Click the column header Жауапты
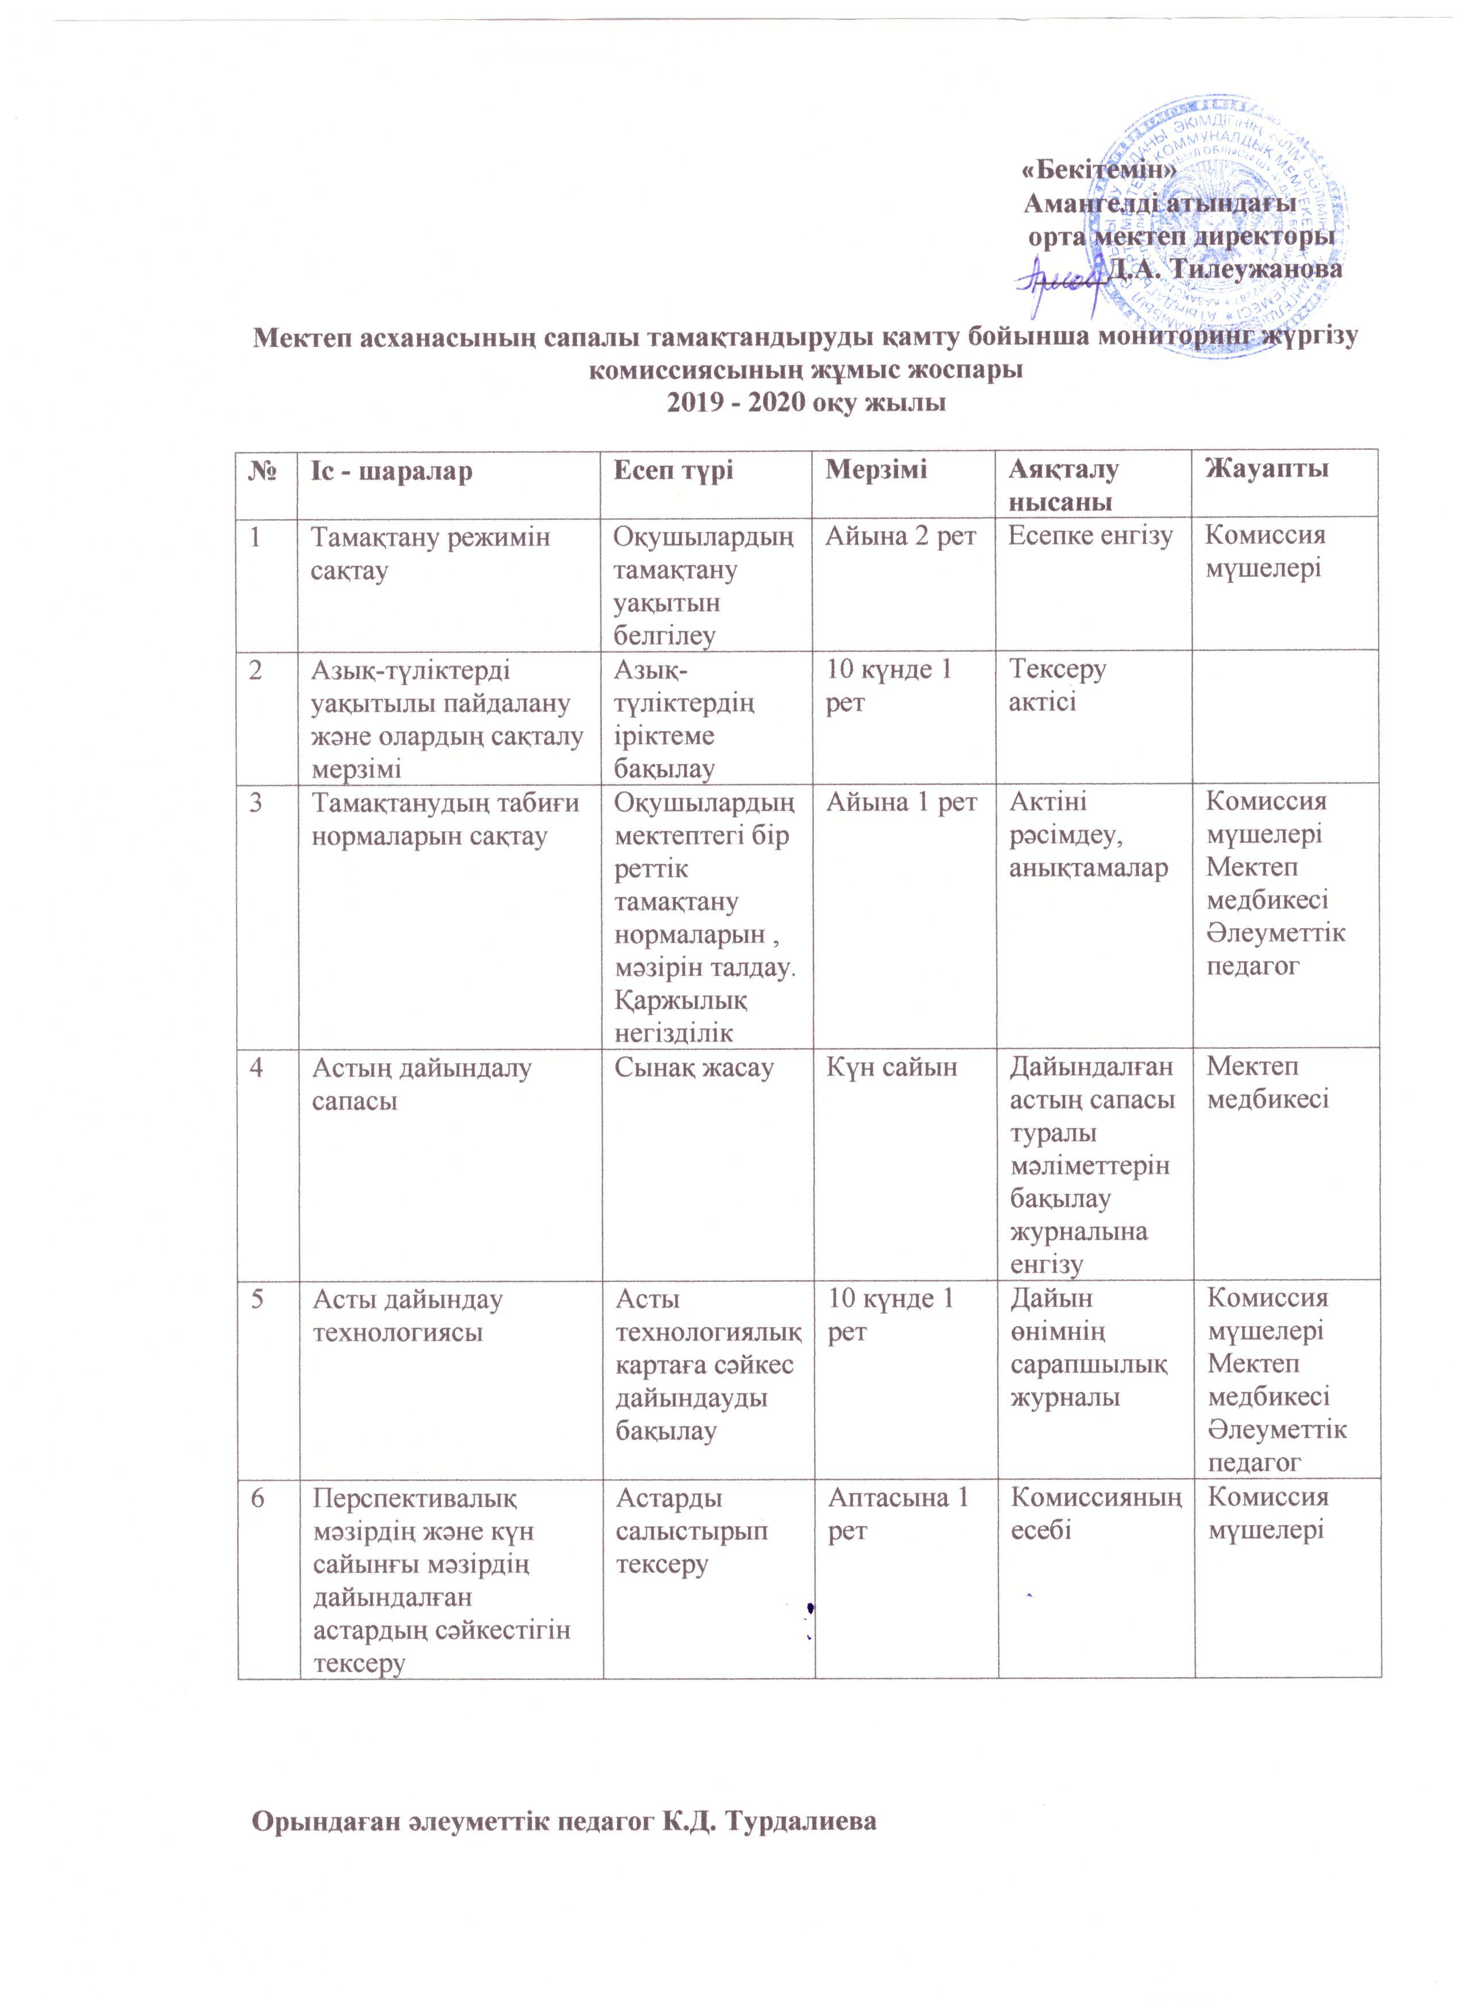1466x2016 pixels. coord(1266,469)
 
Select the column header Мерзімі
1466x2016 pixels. coord(875,469)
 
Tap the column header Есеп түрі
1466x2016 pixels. coord(674,469)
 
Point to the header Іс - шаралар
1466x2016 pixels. coord(391,469)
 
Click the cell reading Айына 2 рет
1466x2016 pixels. coord(901,536)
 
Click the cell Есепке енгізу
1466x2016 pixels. coord(1091,536)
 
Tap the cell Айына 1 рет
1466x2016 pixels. coord(901,802)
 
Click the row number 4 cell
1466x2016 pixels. coord(256,1067)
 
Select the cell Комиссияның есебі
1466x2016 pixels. coord(1096,1514)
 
